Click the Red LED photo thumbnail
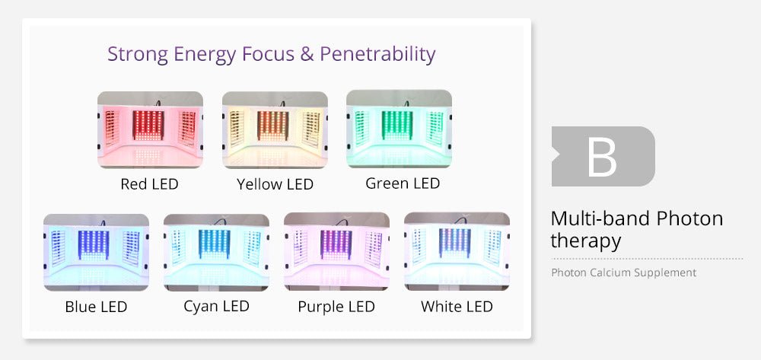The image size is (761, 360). pos(150,129)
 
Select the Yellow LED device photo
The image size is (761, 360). pos(275,129)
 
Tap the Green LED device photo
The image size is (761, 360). pos(399,129)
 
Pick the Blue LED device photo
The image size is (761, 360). pos(96,252)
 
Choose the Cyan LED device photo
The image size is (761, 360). pos(216,252)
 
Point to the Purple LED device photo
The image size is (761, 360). pos(336,252)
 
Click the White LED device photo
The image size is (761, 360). pos(457,252)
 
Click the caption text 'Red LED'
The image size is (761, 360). pos(149,184)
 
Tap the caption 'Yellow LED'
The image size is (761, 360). pos(275,184)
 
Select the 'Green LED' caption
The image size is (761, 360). pos(403,183)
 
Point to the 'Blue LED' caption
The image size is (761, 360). pos(96,307)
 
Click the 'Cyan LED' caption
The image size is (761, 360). pos(216,306)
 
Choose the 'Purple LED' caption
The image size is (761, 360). pos(336,307)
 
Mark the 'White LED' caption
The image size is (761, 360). pos(457,307)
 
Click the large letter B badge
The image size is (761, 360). pos(603,156)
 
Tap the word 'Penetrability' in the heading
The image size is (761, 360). pos(377,54)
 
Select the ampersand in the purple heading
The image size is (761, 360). pos(307,54)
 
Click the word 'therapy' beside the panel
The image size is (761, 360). pos(586,241)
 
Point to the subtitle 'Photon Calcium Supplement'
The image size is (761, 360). pos(624,272)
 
